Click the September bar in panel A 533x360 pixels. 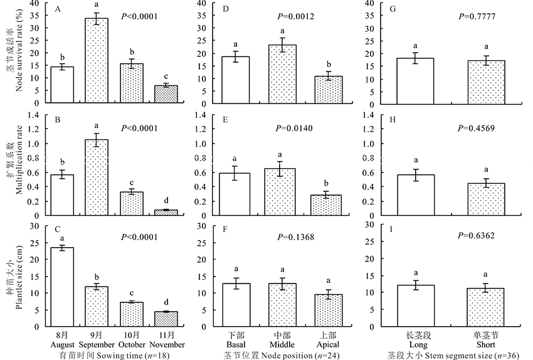click(97, 61)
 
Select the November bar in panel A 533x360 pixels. click(166, 95)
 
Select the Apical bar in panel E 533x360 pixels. click(325, 205)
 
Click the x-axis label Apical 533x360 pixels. click(326, 345)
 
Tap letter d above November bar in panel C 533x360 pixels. click(166, 302)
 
